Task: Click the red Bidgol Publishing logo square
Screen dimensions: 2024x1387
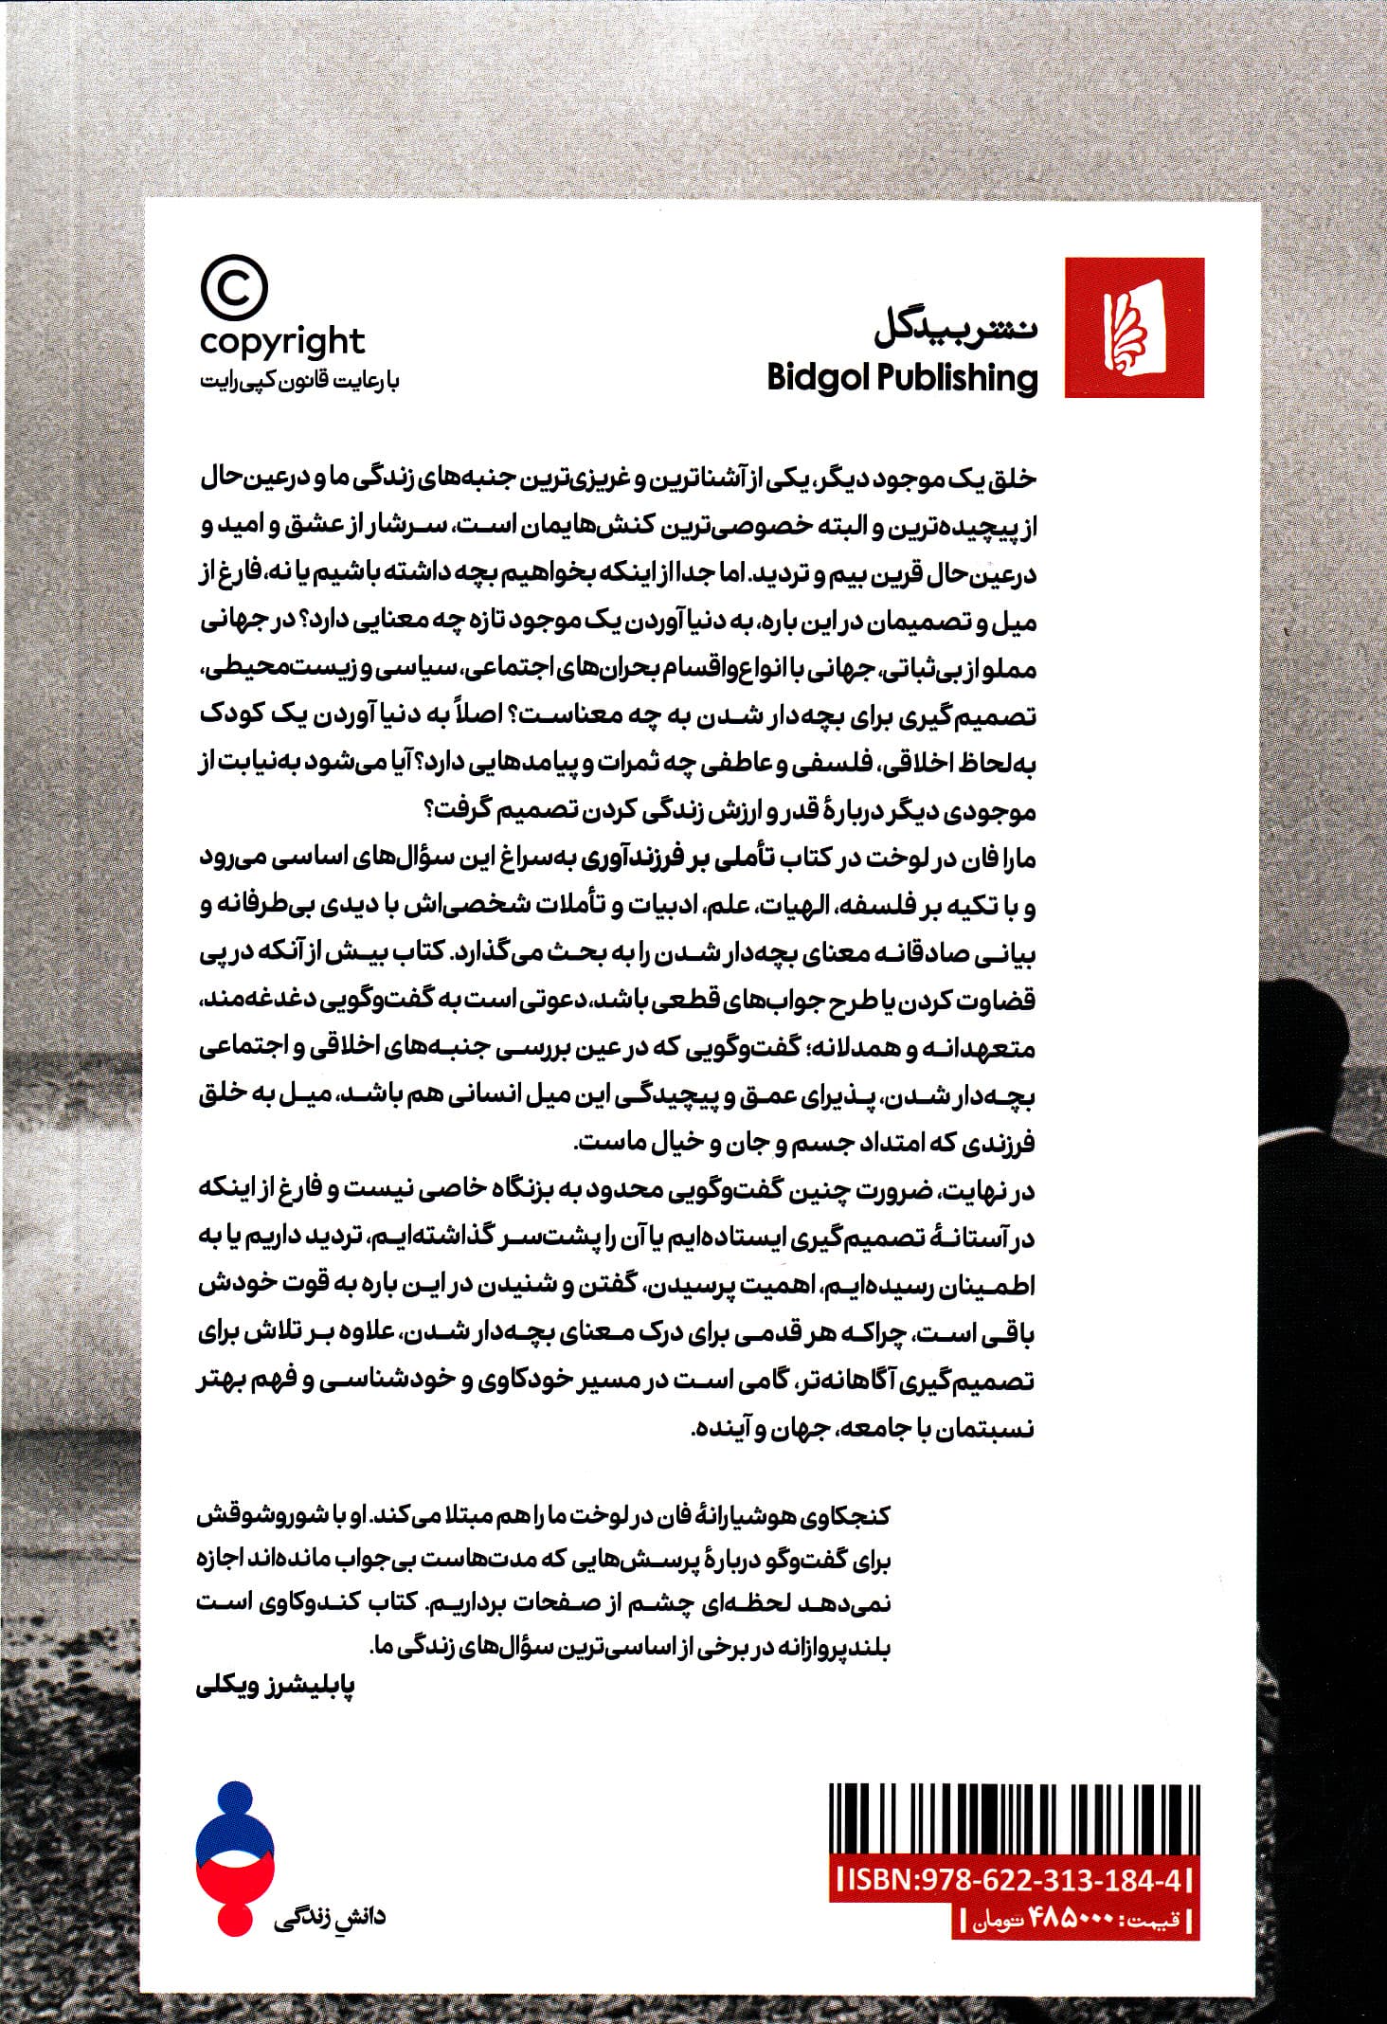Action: pos(1134,327)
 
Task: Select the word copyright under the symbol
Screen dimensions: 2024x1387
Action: pos(282,340)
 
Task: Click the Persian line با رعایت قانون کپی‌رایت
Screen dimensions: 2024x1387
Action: pos(282,382)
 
